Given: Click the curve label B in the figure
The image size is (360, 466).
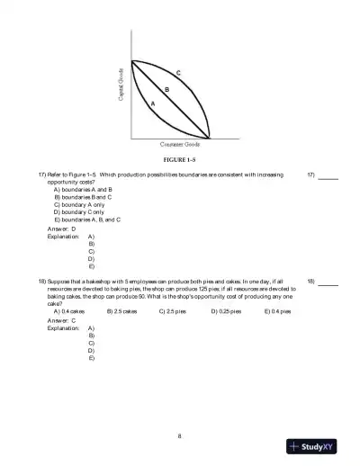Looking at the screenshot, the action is coord(166,88).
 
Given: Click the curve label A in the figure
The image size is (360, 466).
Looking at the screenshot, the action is coord(152,104).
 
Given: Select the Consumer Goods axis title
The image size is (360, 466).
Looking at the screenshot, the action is coord(180,144).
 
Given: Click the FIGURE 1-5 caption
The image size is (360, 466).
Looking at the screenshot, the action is coord(180,159).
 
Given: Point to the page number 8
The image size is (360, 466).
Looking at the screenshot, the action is coord(180,435).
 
